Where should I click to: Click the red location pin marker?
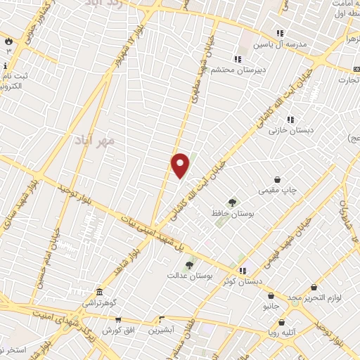tap(181, 166)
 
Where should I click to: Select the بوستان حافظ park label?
tap(231, 212)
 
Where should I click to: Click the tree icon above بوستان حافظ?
tap(232, 202)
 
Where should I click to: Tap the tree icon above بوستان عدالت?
tap(189, 265)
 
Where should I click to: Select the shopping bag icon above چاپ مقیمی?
tap(279, 180)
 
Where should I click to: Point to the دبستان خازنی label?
tap(292, 130)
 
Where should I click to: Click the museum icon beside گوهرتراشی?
tap(100, 292)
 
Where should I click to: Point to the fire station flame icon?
tap(8, 41)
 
